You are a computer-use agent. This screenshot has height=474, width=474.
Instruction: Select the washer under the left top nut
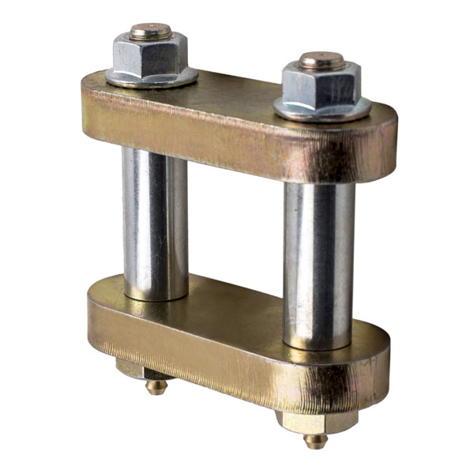coord(152,77)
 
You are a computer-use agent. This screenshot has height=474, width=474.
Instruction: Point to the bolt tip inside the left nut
coord(150,31)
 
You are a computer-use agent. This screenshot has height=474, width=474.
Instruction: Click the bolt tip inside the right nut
coord(321,59)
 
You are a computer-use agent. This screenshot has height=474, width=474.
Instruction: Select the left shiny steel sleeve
coord(154,221)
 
